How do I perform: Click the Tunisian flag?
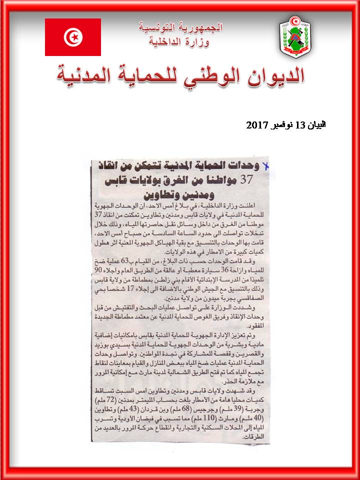[73, 37]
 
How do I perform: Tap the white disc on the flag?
[73, 37]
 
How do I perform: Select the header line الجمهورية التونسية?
[180, 26]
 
